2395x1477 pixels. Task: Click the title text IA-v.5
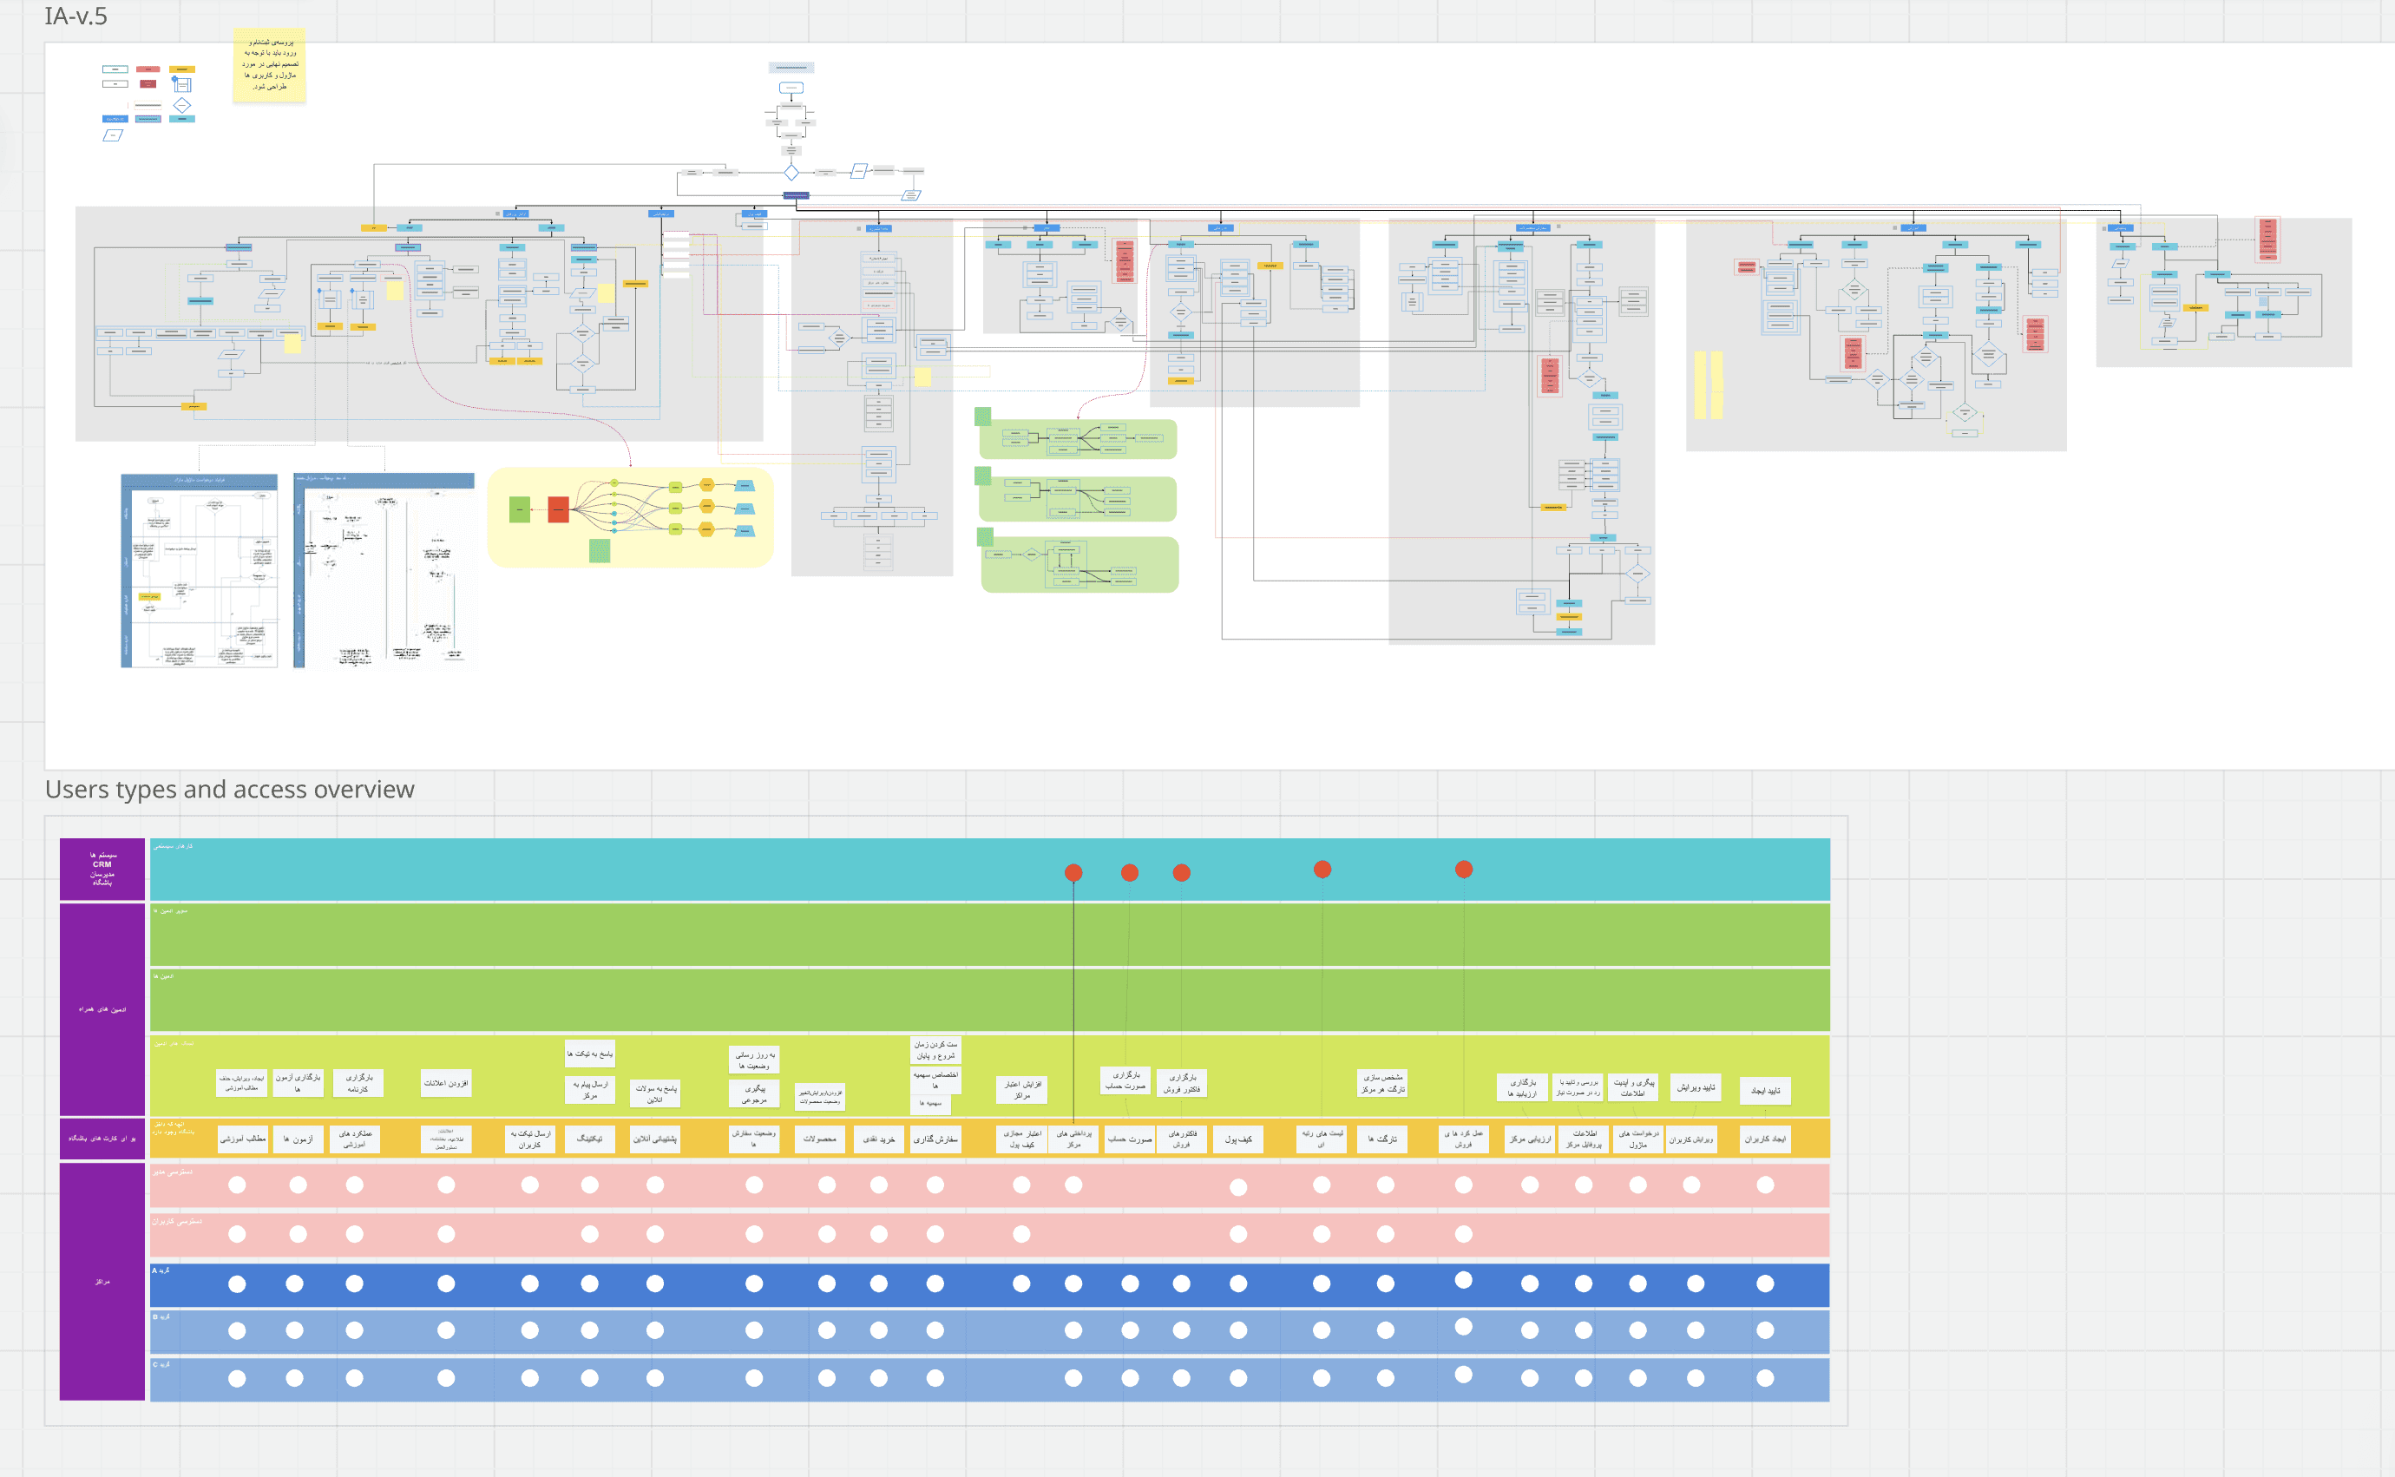[76, 16]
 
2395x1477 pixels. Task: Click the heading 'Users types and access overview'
[230, 790]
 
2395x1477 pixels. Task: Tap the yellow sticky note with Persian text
[270, 65]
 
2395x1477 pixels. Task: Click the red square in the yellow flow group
[559, 510]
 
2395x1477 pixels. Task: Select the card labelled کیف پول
[1237, 1139]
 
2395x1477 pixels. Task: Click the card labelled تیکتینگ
[590, 1139]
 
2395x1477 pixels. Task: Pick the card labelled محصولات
[819, 1139]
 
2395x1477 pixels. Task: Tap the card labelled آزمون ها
[298, 1139]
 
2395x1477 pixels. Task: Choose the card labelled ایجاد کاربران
[1765, 1139]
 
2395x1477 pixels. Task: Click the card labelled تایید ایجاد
[1765, 1090]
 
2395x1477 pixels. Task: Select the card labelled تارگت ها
[1382, 1139]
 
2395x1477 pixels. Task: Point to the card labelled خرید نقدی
[879, 1139]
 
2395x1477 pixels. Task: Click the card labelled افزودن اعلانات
[446, 1083]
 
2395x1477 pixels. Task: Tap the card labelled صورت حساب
[1129, 1139]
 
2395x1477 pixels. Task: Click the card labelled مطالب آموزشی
[242, 1139]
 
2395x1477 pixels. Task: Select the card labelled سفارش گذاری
[935, 1139]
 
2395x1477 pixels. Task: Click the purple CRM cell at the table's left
[102, 869]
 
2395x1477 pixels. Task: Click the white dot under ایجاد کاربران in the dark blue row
[1765, 1283]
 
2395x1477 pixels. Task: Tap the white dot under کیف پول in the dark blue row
[1238, 1283]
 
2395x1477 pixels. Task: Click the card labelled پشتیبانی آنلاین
[655, 1139]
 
